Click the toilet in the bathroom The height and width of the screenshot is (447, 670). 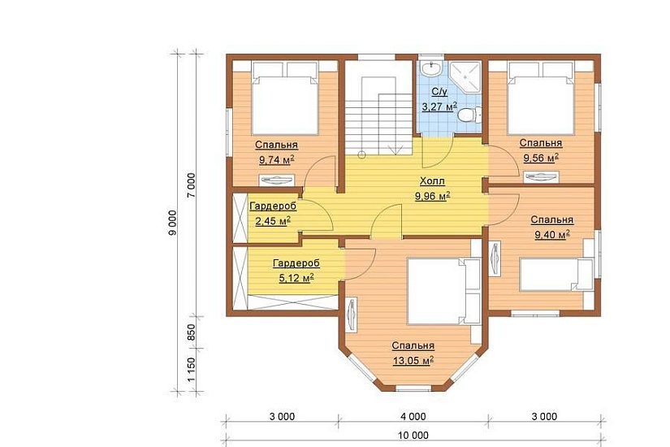pos(469,115)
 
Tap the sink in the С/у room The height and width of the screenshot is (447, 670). pos(430,68)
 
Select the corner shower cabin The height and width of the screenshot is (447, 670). pos(465,77)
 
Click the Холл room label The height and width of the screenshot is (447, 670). pos(432,181)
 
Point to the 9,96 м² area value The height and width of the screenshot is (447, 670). pos(432,197)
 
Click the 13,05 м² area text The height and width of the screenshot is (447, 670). pos(413,361)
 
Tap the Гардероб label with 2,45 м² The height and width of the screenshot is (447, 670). pos(273,206)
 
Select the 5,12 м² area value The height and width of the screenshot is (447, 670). pos(296,278)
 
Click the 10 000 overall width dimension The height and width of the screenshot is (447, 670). pos(413,436)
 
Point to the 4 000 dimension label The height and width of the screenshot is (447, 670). pos(413,416)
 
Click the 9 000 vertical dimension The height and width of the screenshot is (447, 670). pos(172,223)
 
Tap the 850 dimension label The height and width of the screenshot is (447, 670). pos(191,332)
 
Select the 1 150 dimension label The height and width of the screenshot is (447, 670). pos(191,370)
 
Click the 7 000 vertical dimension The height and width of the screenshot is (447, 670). pos(191,184)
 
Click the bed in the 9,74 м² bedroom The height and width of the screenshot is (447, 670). pos(285,98)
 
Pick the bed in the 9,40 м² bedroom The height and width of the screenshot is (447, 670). pos(556,274)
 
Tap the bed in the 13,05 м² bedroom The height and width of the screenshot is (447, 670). pos(444,291)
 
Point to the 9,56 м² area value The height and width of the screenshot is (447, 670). pos(541,158)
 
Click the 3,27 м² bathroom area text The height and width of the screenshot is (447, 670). pos(439,106)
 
